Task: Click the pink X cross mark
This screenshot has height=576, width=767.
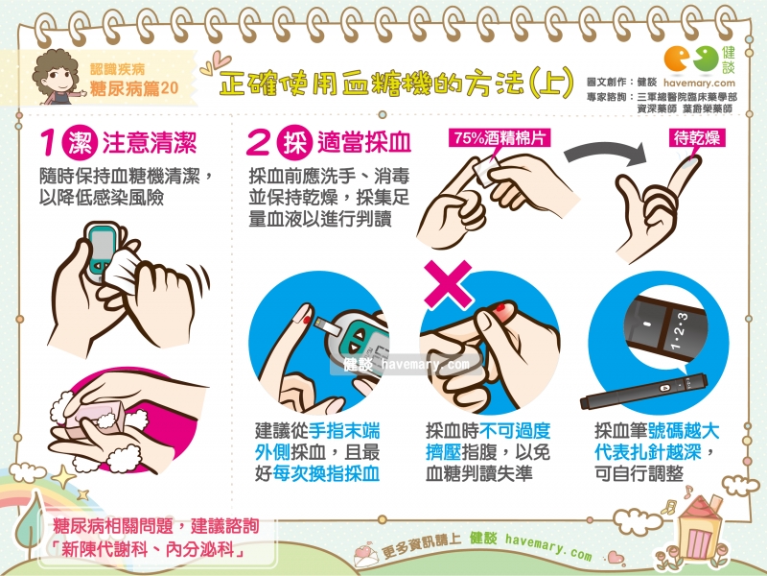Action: click(448, 284)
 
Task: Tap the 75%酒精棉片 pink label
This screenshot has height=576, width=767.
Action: click(500, 138)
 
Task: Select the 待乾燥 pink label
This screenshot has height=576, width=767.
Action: click(697, 138)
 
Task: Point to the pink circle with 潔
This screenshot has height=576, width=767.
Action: click(81, 142)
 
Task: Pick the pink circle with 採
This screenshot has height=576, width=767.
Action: click(294, 142)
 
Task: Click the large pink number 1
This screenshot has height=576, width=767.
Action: click(49, 142)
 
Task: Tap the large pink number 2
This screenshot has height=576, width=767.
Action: click(258, 142)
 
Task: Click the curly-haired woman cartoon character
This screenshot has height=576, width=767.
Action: click(57, 77)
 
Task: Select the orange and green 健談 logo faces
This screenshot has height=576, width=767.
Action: click(691, 59)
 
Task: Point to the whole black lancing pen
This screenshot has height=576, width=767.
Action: click(643, 391)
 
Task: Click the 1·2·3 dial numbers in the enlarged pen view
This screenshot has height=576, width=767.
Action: click(679, 331)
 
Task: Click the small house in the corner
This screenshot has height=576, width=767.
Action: click(699, 528)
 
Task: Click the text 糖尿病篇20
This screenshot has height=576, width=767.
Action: click(133, 88)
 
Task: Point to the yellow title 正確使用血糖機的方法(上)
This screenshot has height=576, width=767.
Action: click(396, 84)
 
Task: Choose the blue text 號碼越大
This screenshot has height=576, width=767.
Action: click(685, 431)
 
